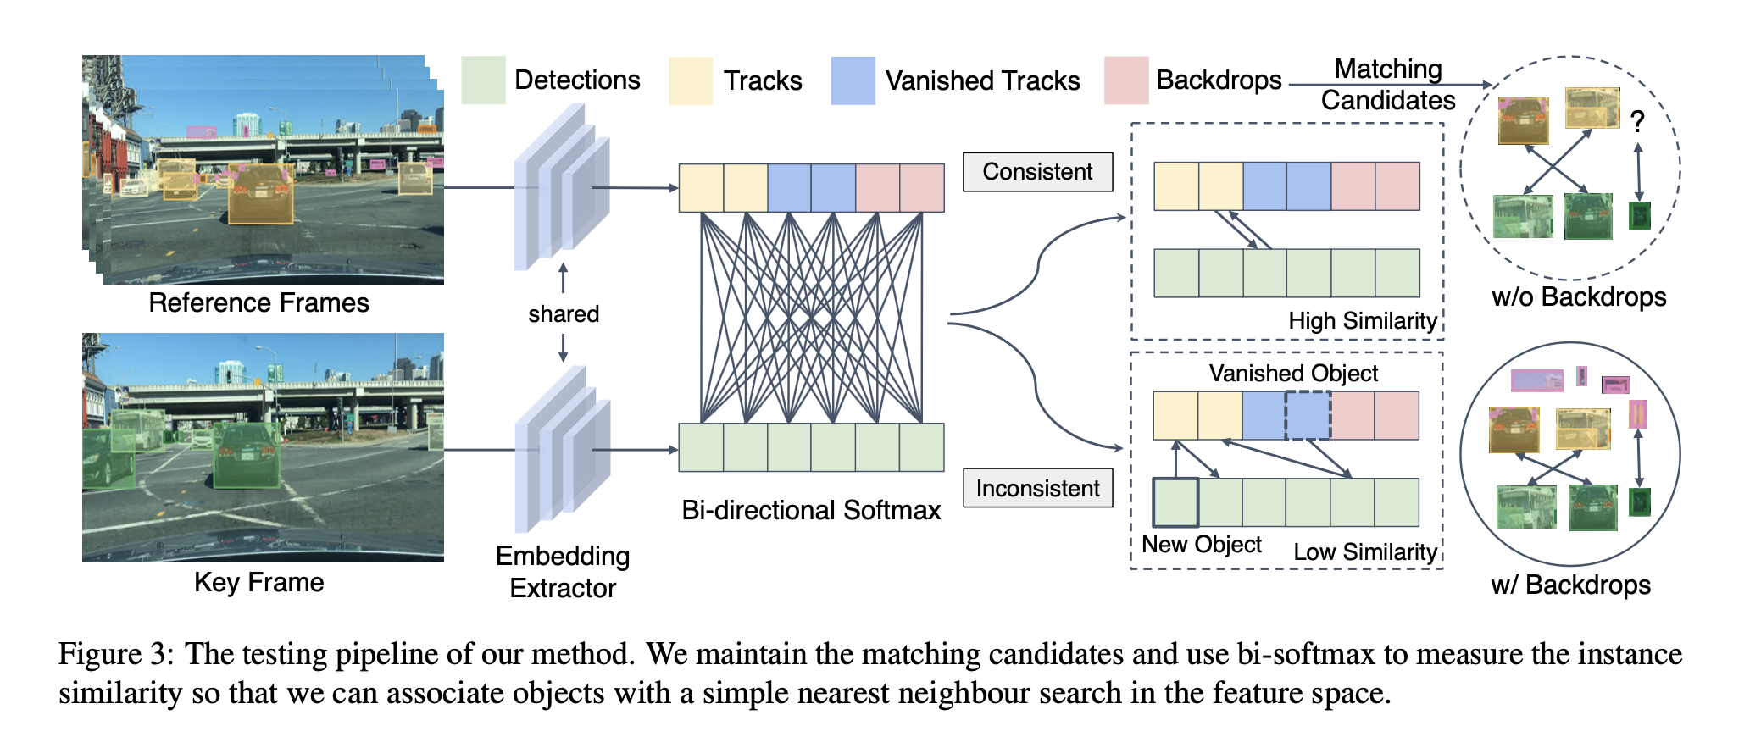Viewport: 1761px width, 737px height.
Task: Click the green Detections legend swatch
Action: click(x=483, y=80)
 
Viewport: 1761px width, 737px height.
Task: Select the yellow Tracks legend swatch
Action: click(x=690, y=80)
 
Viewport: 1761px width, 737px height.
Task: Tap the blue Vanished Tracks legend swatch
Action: click(x=853, y=80)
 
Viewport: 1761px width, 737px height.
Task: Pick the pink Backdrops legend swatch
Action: click(x=1126, y=80)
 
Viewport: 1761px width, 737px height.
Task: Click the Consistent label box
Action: click(x=1037, y=172)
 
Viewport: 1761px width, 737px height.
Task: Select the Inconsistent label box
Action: click(x=1037, y=488)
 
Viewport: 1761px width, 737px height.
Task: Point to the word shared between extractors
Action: click(x=564, y=314)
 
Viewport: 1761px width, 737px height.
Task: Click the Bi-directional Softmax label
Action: click(x=811, y=510)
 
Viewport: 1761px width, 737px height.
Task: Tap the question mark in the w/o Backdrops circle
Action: click(x=1637, y=121)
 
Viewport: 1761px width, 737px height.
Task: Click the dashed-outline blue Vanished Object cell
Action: click(x=1308, y=415)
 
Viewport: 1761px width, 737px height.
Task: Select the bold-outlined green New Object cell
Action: click(x=1175, y=502)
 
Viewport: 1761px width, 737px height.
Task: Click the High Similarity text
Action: click(x=1362, y=321)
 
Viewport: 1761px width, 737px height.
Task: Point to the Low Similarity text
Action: click(x=1364, y=552)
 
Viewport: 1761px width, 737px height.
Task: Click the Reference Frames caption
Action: click(x=258, y=302)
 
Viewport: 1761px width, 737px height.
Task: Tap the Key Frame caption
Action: click(x=258, y=582)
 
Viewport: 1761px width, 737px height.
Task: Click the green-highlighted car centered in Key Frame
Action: click(x=247, y=456)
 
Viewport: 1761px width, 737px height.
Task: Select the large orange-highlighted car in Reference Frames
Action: click(x=261, y=194)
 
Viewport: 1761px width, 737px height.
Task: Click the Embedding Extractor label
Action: click(x=563, y=572)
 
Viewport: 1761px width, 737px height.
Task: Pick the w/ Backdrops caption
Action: click(x=1570, y=585)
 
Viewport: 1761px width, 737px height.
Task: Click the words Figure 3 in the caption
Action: click(x=115, y=654)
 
